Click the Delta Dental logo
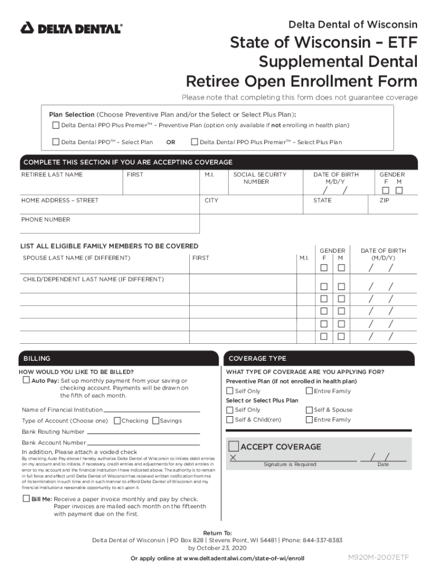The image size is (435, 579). pos(71,28)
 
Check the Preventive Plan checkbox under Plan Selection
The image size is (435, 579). pos(55,125)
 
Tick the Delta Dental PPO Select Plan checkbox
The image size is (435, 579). pos(55,142)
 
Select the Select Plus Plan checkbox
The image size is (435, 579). pos(194,142)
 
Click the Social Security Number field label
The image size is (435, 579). pos(260,178)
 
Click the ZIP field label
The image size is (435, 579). pos(384,200)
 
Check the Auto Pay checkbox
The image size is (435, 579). pos(26,381)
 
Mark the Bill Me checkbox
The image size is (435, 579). pos(26,498)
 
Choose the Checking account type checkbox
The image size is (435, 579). pos(117,421)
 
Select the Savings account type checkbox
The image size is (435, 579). pos(156,421)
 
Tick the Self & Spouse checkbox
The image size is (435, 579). pos(309,410)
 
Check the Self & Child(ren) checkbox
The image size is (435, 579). pos(230,420)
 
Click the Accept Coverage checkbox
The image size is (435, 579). pos(233,447)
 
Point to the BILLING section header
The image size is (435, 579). pos(37,358)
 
